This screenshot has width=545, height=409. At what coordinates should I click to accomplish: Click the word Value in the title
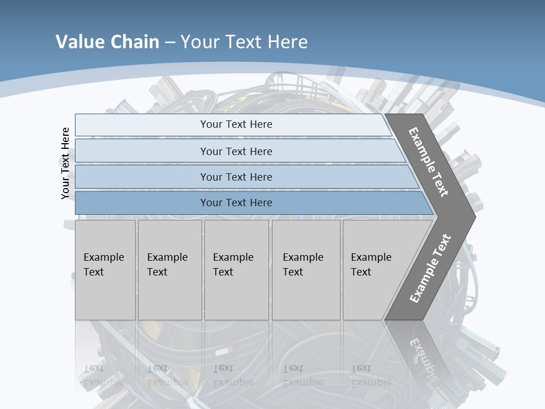pos(79,41)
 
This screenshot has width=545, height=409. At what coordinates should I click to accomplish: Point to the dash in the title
pos(170,42)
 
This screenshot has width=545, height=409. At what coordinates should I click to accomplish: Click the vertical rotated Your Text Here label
pos(65,163)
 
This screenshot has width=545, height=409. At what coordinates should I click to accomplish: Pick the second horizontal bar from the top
pos(236,151)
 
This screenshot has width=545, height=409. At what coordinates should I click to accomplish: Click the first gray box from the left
pos(105,270)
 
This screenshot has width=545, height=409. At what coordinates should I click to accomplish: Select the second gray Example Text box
pos(170,270)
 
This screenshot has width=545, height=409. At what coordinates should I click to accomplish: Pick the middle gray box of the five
pos(236,270)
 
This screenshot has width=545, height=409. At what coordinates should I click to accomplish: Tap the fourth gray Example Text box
pos(306,270)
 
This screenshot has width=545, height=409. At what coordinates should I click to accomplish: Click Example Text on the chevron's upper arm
pos(429,162)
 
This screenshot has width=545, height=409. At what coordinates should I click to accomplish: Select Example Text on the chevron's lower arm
pos(430,268)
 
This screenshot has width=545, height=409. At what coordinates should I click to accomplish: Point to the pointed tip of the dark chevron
pos(473,216)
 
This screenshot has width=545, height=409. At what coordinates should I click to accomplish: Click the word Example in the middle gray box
pos(233,257)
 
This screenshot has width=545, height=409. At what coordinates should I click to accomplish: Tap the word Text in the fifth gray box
pos(361,272)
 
